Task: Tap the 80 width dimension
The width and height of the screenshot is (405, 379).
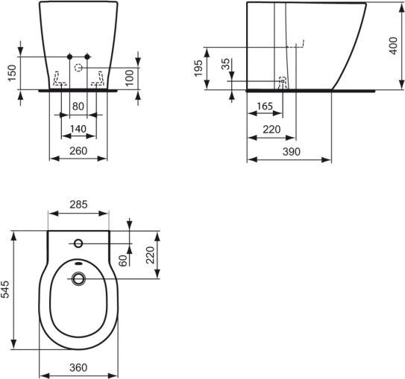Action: pos(78,106)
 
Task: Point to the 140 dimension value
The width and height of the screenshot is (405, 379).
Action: pos(78,129)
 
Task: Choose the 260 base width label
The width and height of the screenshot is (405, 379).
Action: pos(78,151)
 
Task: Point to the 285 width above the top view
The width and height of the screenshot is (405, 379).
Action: pos(78,203)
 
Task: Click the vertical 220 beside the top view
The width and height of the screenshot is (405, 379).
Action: pos(149,255)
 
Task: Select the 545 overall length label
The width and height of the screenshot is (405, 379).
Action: pos(7,290)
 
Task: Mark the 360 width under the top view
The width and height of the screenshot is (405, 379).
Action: pos(78,367)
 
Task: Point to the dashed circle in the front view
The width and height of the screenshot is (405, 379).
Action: pos(79,69)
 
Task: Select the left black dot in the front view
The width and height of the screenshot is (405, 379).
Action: pos(70,57)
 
